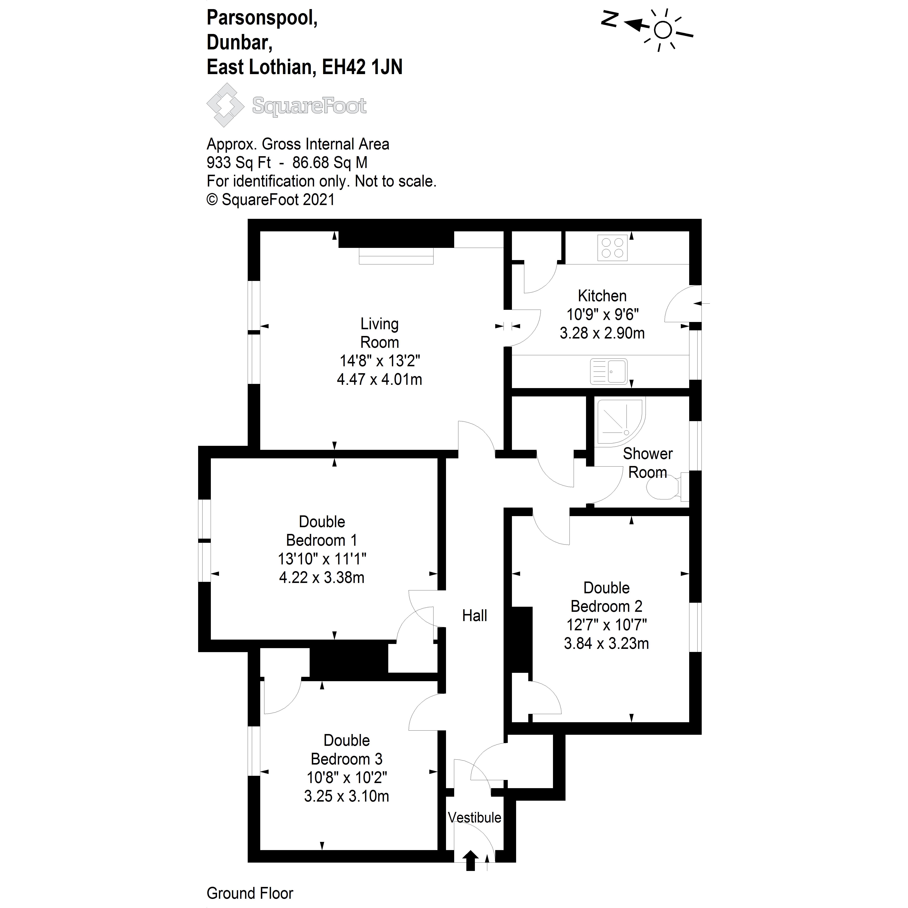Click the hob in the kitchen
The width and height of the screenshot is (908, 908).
point(612,248)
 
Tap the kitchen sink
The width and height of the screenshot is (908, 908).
point(609,371)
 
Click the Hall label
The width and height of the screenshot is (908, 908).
point(474,616)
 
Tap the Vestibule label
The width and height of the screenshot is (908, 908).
point(474,818)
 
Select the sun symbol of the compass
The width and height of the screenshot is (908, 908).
point(663,31)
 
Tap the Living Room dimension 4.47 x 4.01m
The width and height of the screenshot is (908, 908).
point(379,379)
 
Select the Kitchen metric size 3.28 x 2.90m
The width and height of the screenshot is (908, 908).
point(602,333)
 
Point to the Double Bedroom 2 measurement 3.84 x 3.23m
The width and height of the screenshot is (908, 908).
point(606,643)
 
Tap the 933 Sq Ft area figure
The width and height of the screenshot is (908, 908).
point(239,163)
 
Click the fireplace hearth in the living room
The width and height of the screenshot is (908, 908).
point(396,256)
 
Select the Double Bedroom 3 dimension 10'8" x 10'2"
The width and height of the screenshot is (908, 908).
point(347,778)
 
